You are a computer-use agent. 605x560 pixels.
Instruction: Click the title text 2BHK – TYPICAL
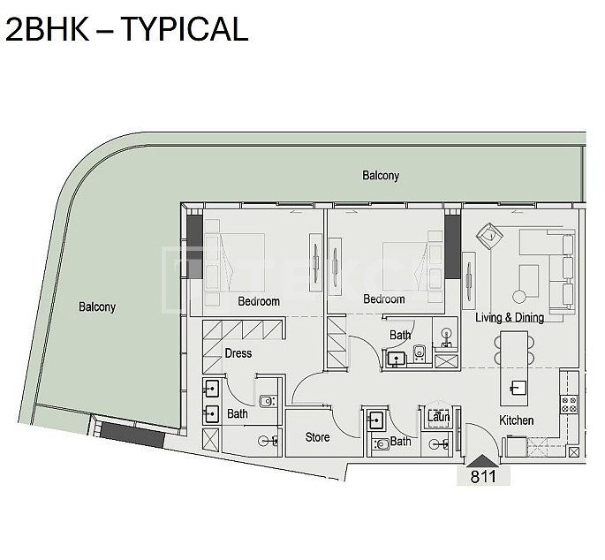tap(126, 29)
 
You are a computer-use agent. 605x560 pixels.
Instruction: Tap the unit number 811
tap(483, 476)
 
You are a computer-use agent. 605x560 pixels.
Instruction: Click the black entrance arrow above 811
tap(483, 461)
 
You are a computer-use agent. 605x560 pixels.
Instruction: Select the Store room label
tap(317, 437)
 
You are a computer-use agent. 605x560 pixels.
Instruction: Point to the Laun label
tap(439, 417)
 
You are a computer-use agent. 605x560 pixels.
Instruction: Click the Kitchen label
tap(517, 420)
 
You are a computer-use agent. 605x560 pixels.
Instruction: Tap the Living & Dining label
tap(510, 317)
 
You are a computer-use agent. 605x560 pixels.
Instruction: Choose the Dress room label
tap(238, 353)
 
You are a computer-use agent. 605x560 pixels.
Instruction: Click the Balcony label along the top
tap(381, 176)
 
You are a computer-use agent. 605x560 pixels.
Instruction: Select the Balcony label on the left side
tap(97, 306)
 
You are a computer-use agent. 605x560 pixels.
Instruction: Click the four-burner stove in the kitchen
tap(569, 404)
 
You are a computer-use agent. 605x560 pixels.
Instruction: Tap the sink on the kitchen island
tap(518, 388)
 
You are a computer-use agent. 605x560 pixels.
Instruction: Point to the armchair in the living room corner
tap(489, 236)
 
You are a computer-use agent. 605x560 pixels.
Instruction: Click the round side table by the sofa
tap(519, 297)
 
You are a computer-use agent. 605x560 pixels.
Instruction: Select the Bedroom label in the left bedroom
tap(259, 301)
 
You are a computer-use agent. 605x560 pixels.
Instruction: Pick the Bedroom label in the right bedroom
tap(384, 299)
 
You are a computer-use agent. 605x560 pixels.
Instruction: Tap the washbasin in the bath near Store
tap(376, 420)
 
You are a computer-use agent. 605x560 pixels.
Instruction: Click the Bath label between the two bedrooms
tap(400, 335)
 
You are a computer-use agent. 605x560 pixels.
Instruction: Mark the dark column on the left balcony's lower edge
tap(132, 435)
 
